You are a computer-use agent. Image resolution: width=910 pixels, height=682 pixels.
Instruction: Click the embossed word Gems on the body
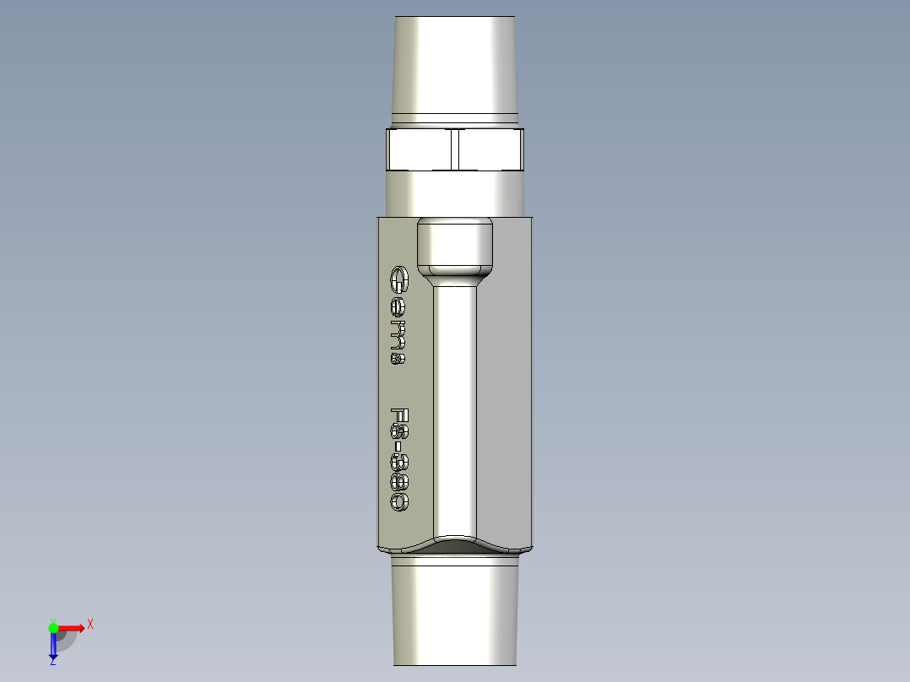pyautogui.click(x=398, y=315)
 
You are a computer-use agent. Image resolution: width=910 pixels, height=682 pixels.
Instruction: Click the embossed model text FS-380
pyautogui.click(x=399, y=458)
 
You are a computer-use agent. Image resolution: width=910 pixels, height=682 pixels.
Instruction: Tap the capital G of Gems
pyautogui.click(x=398, y=279)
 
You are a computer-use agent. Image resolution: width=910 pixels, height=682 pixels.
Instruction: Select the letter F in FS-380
pyautogui.click(x=399, y=416)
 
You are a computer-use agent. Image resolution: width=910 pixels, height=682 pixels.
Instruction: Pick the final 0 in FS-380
pyautogui.click(x=399, y=501)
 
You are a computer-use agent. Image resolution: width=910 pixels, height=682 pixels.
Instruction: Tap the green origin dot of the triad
pyautogui.click(x=53, y=627)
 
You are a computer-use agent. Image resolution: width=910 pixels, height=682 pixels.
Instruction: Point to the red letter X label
pyautogui.click(x=89, y=624)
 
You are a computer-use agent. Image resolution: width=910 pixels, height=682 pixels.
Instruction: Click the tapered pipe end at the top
pyautogui.click(x=456, y=63)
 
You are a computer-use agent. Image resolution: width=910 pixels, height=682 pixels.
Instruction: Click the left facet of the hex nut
pyautogui.click(x=419, y=149)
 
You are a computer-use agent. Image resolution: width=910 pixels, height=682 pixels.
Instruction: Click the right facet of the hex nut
pyautogui.click(x=488, y=149)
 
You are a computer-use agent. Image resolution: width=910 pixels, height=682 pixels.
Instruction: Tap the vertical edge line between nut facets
pyautogui.click(x=453, y=149)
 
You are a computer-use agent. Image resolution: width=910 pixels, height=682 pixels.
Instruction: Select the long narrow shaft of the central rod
pyautogui.click(x=455, y=405)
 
